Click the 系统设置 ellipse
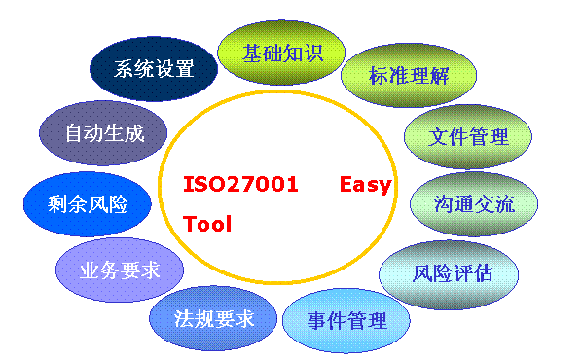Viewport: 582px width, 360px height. coord(154,69)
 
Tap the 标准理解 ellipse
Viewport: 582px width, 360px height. coord(409,76)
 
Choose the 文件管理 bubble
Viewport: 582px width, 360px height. coord(468,136)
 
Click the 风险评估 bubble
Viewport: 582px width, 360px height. coord(452,272)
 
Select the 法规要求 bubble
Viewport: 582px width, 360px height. coord(214,319)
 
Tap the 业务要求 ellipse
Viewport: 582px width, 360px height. coord(120,269)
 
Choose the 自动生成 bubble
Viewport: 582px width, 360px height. coord(104,133)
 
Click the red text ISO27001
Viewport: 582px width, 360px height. coord(240,185)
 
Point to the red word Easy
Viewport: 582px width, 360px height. coord(365,185)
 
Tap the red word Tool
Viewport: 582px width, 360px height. coord(207,224)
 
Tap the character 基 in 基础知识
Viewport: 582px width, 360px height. coord(252,54)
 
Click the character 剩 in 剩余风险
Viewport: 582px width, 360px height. coord(57,203)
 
